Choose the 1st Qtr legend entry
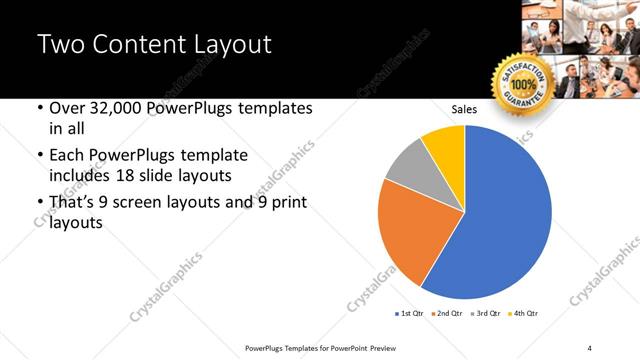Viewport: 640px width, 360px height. point(410,314)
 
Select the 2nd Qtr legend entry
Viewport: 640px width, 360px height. point(446,314)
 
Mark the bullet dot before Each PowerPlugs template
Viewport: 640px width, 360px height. point(39,156)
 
